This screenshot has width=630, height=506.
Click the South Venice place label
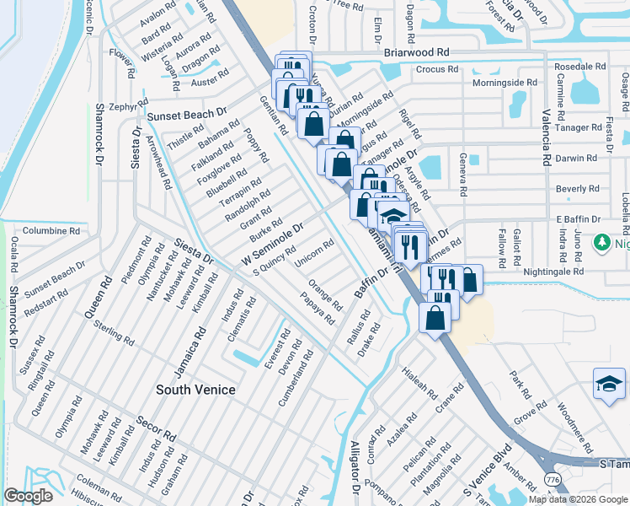(195, 390)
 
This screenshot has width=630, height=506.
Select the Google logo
(29, 496)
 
